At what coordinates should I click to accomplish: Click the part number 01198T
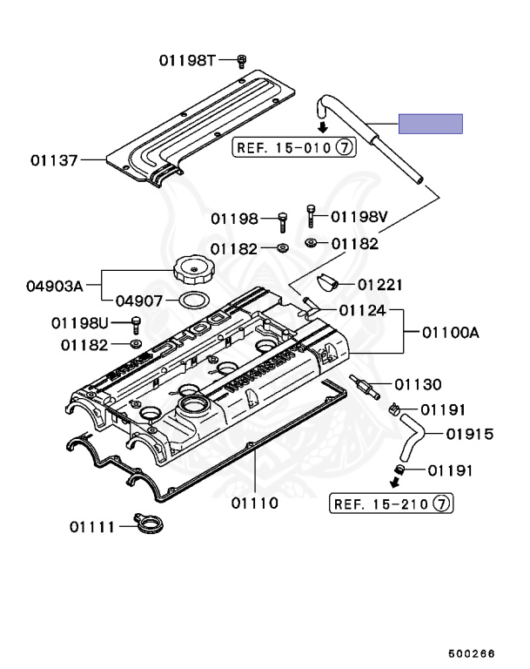pos(186,60)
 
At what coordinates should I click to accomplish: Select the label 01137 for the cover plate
pos(54,160)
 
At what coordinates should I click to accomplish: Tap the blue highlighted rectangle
pos(431,124)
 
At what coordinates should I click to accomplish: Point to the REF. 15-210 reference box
pos(392,503)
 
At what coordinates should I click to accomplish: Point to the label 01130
pos(418,384)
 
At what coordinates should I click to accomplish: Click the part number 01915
pos(470,434)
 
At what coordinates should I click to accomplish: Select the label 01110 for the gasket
pos(254,503)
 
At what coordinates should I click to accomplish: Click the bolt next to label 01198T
pos(242,60)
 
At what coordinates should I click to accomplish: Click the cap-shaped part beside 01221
pos(328,281)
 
